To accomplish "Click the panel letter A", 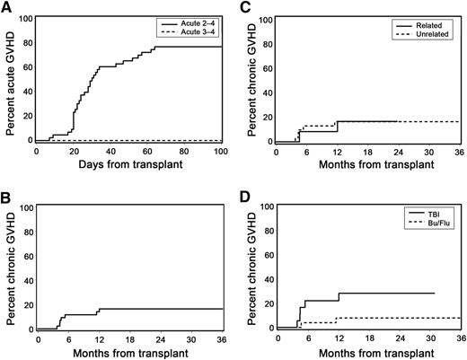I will point(6,8).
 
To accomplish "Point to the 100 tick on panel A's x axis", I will point(221,151).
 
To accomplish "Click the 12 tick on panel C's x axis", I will point(338,151).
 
